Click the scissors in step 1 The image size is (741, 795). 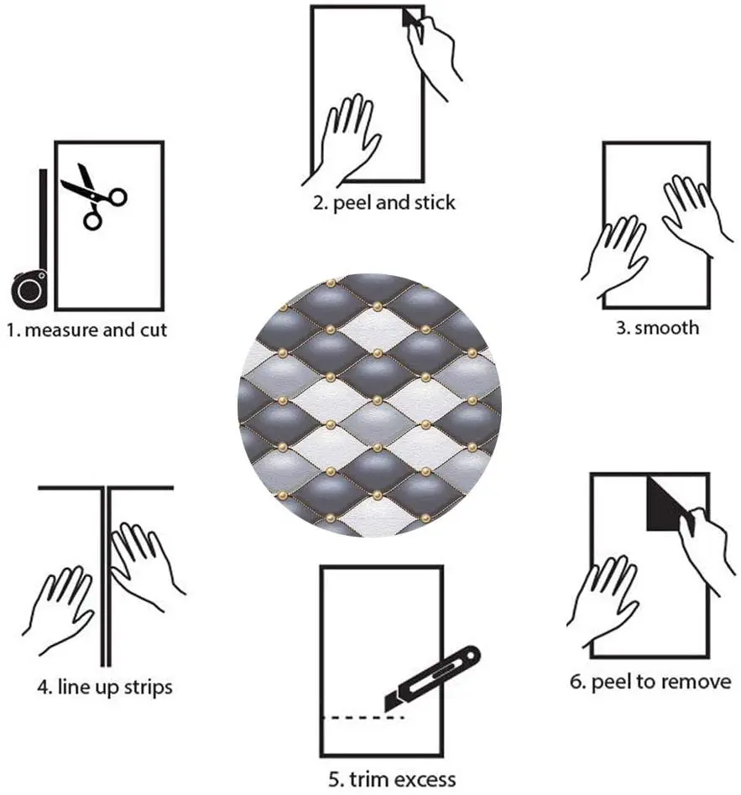[x=91, y=194]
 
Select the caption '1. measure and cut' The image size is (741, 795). [x=87, y=330]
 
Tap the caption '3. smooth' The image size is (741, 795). [x=657, y=327]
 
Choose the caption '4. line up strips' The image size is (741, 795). [x=105, y=687]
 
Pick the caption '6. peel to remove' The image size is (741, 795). [x=650, y=682]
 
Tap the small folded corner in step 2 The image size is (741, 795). [x=410, y=18]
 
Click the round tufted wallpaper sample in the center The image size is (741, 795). [x=370, y=404]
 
